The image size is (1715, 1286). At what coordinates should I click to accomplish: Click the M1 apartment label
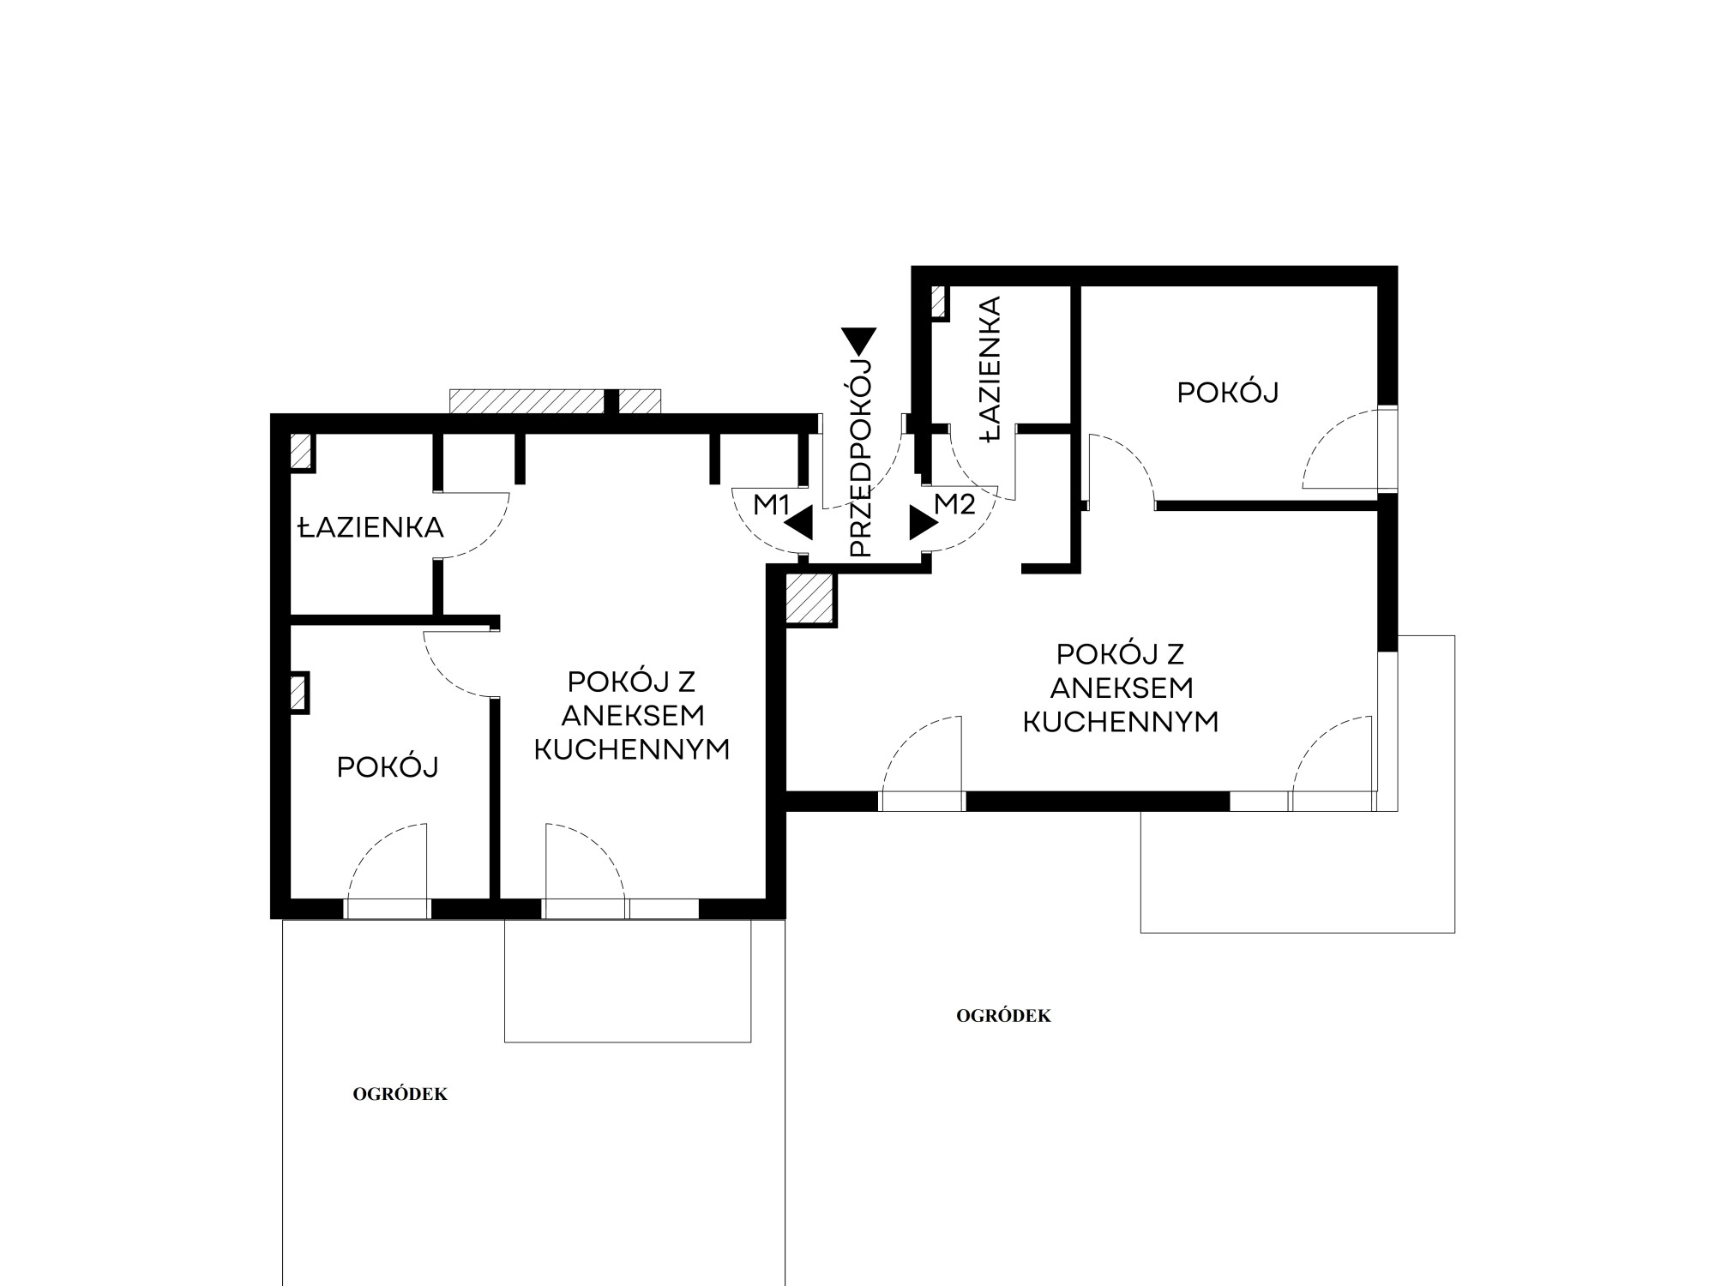point(771,505)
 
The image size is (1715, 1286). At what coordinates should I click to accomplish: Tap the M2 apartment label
point(954,504)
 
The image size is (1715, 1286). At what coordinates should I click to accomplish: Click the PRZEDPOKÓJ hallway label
point(859,459)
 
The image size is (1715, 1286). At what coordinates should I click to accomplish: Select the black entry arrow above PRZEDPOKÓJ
point(858,341)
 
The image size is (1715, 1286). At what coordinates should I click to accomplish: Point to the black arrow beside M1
point(799,523)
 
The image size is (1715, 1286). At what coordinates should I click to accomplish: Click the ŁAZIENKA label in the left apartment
point(370,526)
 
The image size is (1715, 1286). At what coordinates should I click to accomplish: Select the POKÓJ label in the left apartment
point(388,766)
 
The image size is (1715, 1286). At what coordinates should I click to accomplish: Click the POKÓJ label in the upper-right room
point(1228,392)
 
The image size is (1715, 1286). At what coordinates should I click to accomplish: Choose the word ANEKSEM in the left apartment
point(633,715)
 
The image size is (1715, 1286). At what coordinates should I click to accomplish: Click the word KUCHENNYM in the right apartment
point(1121,722)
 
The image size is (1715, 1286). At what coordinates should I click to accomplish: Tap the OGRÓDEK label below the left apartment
point(400,1094)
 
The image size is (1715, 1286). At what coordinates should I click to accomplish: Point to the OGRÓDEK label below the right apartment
point(1003,1016)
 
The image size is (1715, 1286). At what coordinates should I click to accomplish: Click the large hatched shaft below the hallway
point(809,597)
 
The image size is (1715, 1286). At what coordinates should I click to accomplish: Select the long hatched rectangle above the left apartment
point(555,401)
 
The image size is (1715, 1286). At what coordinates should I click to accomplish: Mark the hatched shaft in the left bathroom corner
point(300,451)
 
